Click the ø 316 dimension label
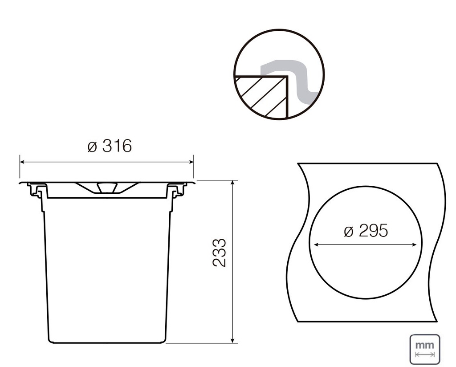pos(110,146)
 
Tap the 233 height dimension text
pos(219,253)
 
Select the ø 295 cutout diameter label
pos(366,230)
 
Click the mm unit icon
pos(424,350)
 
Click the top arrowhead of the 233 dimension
pos(232,183)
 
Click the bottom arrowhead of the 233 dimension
pos(232,340)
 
